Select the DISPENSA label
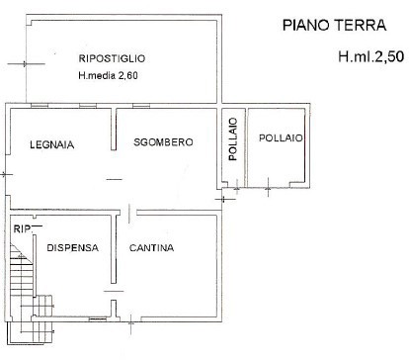[x=72, y=248]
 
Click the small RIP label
[x=19, y=229]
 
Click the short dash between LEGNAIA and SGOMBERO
[x=116, y=179]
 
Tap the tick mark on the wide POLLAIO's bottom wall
[x=270, y=185]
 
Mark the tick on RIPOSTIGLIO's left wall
[x=24, y=64]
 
